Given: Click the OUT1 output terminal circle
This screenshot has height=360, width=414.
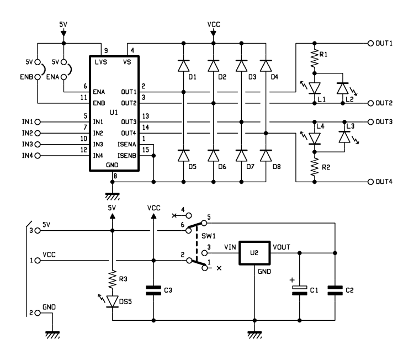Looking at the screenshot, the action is [x=371, y=43].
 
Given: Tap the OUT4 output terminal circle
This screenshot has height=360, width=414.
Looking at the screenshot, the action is [x=371, y=182].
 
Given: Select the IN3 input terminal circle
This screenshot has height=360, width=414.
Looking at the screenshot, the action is [x=38, y=144].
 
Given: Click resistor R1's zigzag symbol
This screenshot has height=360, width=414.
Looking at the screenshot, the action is [x=314, y=59].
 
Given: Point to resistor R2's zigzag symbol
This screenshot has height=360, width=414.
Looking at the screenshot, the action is [x=314, y=167].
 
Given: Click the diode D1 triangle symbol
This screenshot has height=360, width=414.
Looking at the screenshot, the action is [x=183, y=66].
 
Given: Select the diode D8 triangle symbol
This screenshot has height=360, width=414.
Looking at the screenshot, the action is [x=266, y=156].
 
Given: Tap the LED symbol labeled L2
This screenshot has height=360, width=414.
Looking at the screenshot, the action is [x=343, y=88].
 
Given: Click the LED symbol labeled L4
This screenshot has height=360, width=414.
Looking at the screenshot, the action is [x=314, y=139].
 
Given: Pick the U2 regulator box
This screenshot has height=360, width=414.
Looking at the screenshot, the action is [x=254, y=253].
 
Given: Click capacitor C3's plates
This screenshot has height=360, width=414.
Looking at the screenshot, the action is [x=153, y=290].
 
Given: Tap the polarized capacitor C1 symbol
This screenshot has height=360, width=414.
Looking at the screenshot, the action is [x=299, y=290].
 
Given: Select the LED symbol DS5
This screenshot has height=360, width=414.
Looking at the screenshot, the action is [x=112, y=301].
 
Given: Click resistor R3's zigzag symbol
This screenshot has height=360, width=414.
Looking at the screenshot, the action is [x=112, y=279].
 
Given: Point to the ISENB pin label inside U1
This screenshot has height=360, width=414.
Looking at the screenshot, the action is [x=127, y=156].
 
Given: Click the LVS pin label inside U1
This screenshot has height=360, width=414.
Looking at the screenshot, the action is [x=101, y=62].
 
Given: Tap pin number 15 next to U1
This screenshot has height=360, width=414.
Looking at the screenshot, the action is [x=146, y=150].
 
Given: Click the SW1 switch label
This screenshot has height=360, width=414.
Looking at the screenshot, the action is [x=209, y=236].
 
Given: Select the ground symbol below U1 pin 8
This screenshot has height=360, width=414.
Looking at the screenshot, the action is [x=112, y=196].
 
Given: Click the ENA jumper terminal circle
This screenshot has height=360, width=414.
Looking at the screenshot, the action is [x=63, y=77].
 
